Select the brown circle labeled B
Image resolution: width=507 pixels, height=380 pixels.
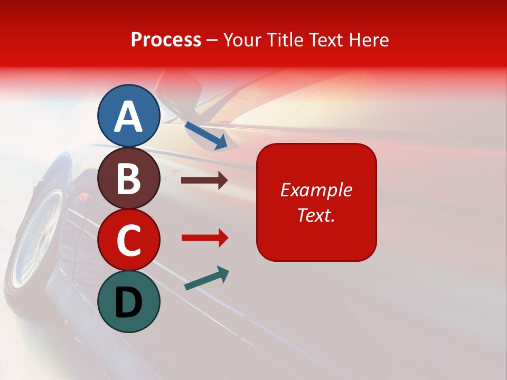click(x=129, y=178)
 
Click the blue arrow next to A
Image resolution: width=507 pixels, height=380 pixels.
click(x=206, y=136)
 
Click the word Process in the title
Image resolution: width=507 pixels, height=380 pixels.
click(x=166, y=40)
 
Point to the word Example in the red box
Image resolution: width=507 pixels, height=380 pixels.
click(x=316, y=190)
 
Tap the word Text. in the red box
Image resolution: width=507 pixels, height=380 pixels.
click(x=316, y=215)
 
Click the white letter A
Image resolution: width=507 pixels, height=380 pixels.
click(x=129, y=116)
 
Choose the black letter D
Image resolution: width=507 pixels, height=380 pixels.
click(x=129, y=302)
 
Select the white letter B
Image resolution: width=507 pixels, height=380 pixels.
click(x=129, y=178)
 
